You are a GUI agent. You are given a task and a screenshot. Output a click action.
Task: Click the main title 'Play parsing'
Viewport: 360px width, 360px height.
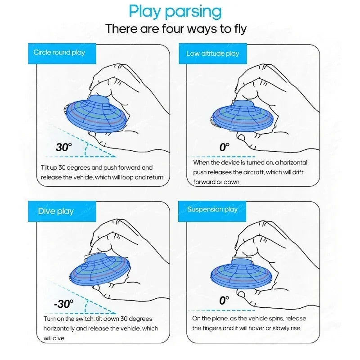[x=175, y=11]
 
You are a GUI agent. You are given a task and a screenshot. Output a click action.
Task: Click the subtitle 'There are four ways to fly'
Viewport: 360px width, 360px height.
[x=176, y=29]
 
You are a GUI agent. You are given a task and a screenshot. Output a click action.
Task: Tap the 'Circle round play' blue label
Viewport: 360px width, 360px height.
[x=59, y=53]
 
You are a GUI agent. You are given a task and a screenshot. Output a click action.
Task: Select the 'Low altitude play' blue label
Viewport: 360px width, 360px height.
[x=212, y=54]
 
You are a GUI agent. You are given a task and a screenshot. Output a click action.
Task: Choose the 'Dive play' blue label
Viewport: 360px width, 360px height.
[x=55, y=211]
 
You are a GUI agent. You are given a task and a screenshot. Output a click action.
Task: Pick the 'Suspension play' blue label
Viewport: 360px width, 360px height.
[x=212, y=209]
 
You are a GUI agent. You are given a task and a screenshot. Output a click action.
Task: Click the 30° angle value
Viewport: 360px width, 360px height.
[x=64, y=147]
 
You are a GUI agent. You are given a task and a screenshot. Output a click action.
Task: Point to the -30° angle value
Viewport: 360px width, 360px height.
[x=63, y=304]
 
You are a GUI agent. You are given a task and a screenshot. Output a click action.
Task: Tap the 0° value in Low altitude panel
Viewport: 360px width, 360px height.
[x=224, y=147]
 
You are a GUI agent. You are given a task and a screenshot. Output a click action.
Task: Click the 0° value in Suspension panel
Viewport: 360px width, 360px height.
[x=224, y=301]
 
